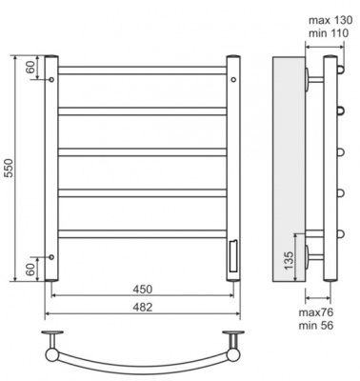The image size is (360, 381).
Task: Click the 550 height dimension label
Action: pyautogui.click(x=10, y=168)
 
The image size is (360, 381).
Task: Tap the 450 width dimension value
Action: pyautogui.click(x=143, y=290)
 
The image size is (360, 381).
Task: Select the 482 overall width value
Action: pyautogui.click(x=143, y=307)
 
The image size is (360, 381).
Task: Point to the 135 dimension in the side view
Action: pyautogui.click(x=289, y=260)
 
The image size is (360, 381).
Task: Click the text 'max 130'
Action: pyautogui.click(x=330, y=20)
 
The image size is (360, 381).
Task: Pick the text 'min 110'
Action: pyautogui.click(x=329, y=33)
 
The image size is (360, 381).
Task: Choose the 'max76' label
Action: pyautogui.click(x=316, y=312)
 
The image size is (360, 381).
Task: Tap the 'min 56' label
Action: pyautogui.click(x=316, y=326)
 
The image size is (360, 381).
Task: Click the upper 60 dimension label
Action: pyautogui.click(x=30, y=68)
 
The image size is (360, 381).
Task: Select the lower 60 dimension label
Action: pyautogui.click(x=30, y=270)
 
